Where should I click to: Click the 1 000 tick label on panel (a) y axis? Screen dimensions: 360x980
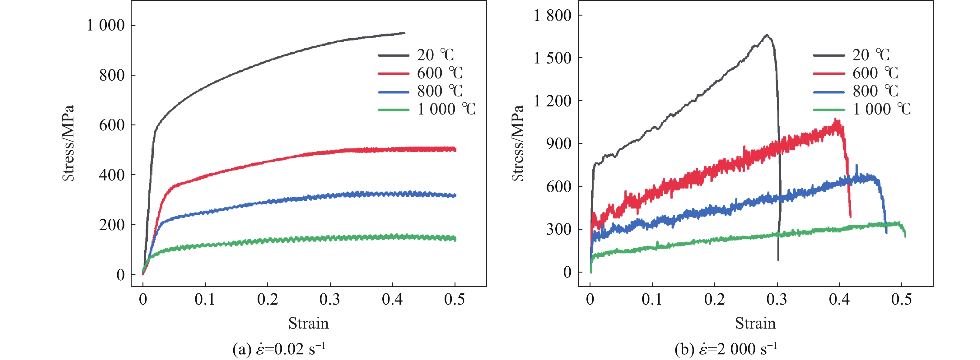point(105,26)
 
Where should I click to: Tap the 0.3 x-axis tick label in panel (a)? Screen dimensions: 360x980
point(329,300)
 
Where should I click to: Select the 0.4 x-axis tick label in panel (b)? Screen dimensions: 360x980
point(839,300)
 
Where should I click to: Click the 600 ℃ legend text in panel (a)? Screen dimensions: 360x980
point(439,73)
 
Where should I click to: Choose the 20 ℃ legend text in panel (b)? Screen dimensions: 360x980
point(870,55)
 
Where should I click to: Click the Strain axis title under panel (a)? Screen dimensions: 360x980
point(308,324)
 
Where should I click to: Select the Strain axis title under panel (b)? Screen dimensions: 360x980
point(755,324)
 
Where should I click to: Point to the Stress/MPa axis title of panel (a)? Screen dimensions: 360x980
point(68,143)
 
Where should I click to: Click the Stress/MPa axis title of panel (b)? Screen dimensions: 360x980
point(518,143)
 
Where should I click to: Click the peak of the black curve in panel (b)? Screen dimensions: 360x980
point(767,35)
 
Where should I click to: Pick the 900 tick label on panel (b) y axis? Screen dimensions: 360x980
point(558,144)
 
